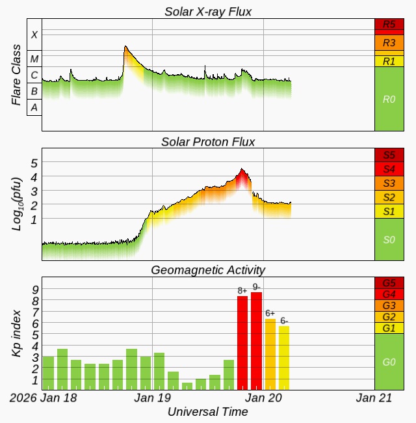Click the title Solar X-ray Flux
[x=208, y=11]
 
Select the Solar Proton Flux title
[x=208, y=141]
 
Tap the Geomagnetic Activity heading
[x=208, y=269]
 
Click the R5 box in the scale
[x=389, y=25]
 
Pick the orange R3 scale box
[x=389, y=43]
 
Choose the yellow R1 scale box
[x=389, y=61]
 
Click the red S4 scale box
[x=389, y=169]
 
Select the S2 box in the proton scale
[x=389, y=197]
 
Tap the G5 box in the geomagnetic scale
[x=389, y=283]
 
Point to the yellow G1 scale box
[x=389, y=327]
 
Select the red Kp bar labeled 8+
[x=242, y=342]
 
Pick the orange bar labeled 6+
[x=270, y=354]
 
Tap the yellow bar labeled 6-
[x=284, y=357]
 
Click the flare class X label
[x=34, y=35]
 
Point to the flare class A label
[x=34, y=107]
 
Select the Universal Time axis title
[x=207, y=412]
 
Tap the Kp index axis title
[x=18, y=332]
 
